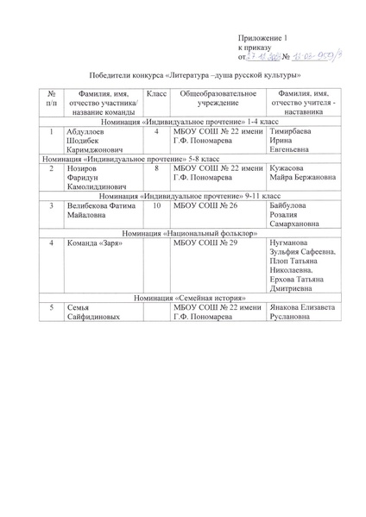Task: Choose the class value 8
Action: click(155, 170)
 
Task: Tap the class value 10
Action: click(156, 207)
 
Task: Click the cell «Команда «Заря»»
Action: click(92, 244)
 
